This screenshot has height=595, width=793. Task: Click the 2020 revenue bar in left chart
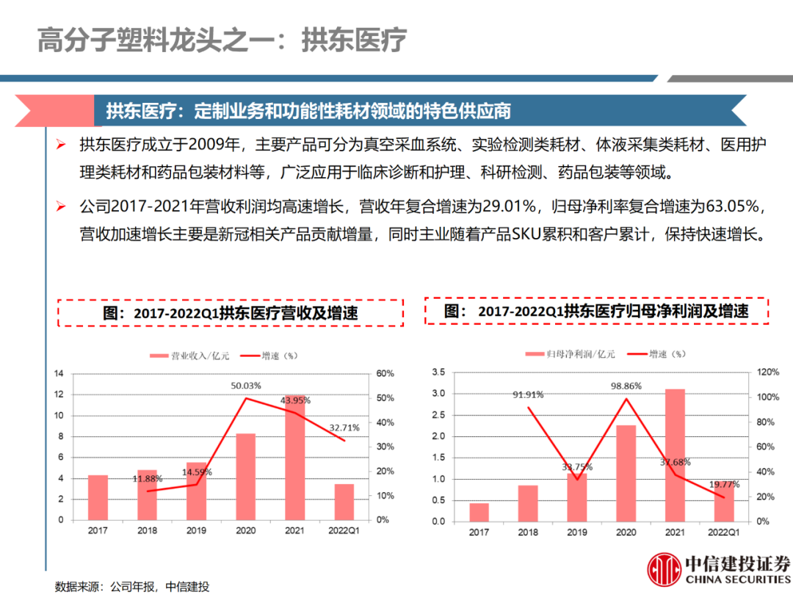click(x=245, y=476)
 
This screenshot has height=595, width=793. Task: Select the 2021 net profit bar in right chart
click(x=675, y=455)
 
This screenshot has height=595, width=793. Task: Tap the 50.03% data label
click(x=247, y=386)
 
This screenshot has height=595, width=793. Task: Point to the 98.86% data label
click(x=626, y=386)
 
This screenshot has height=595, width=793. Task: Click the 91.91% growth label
click(x=528, y=394)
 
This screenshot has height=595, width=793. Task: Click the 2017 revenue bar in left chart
click(x=98, y=497)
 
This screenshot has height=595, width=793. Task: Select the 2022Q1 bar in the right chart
click(x=724, y=500)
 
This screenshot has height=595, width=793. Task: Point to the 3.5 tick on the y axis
click(x=438, y=372)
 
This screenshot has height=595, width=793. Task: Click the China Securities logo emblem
click(x=663, y=569)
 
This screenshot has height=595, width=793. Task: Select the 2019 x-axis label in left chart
click(x=196, y=530)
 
